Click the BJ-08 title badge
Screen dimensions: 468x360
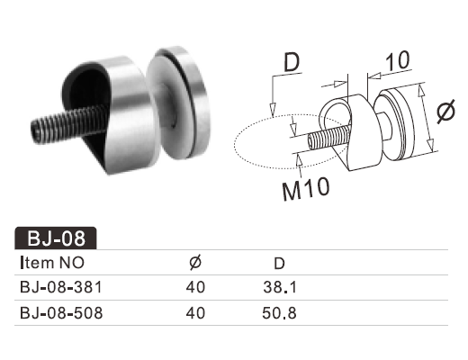click(56, 238)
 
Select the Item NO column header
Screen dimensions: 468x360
click(52, 263)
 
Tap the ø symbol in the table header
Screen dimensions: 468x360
click(195, 263)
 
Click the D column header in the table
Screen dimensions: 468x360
click(279, 264)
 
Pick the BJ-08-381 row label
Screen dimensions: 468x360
click(61, 287)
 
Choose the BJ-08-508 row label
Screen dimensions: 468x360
click(61, 313)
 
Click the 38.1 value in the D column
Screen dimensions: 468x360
click(280, 287)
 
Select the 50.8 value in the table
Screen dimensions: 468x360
click(279, 313)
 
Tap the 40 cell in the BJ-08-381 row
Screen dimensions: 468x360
click(195, 287)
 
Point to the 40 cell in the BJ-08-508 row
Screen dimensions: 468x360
click(195, 313)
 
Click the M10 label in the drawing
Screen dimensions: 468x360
click(306, 188)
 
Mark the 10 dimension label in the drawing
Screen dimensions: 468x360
click(397, 61)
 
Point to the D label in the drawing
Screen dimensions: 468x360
click(292, 63)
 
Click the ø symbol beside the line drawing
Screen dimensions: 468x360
click(445, 111)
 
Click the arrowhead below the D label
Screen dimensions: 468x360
click(273, 109)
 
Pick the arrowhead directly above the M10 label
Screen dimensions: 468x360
click(299, 159)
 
